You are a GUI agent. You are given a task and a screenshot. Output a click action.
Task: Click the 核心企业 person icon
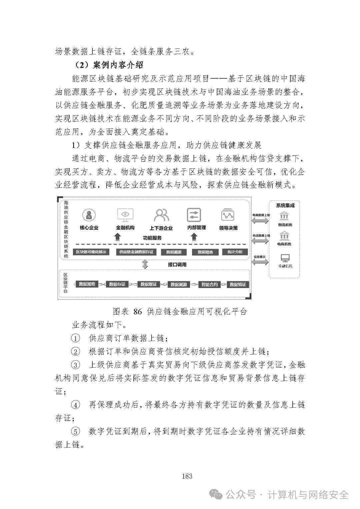[89, 215]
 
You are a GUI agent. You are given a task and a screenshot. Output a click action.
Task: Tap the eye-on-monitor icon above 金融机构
[125, 215]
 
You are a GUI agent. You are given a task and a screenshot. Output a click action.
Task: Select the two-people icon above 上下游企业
[161, 215]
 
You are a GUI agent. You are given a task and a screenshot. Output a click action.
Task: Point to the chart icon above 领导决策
[228, 215]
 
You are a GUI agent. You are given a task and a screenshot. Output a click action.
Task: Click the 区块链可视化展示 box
[91, 252]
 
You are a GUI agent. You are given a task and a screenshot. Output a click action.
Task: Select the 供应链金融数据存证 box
[136, 252]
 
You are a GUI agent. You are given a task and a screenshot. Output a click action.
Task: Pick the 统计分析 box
[235, 252]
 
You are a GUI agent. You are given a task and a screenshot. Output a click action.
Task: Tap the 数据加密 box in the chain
[87, 284]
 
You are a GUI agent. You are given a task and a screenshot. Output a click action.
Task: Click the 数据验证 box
[238, 284]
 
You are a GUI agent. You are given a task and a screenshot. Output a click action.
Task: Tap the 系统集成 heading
[285, 205]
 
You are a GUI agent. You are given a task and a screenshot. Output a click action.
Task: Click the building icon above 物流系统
[285, 215]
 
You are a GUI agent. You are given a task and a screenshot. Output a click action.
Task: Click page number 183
[187, 476]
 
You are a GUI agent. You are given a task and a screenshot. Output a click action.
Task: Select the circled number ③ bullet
[76, 365]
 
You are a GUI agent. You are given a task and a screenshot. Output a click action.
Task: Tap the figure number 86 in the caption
[137, 312]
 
